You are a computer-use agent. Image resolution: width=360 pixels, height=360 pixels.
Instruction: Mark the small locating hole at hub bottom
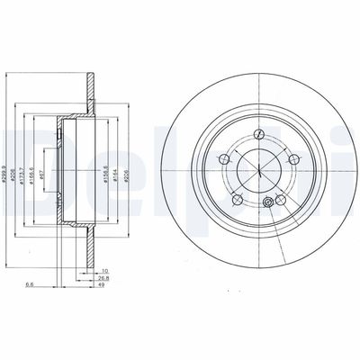pos(266,207)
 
